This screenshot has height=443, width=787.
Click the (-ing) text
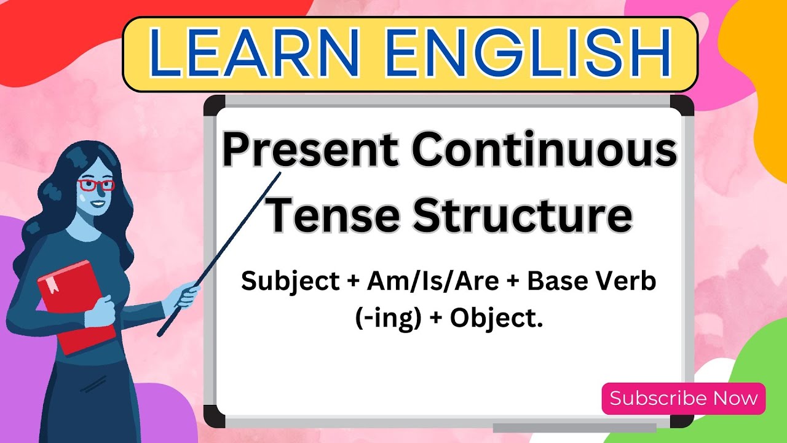(387, 318)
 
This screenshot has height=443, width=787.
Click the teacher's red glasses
(95, 185)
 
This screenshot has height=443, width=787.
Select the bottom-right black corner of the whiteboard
(682, 416)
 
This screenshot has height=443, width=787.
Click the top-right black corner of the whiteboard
(682, 105)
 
